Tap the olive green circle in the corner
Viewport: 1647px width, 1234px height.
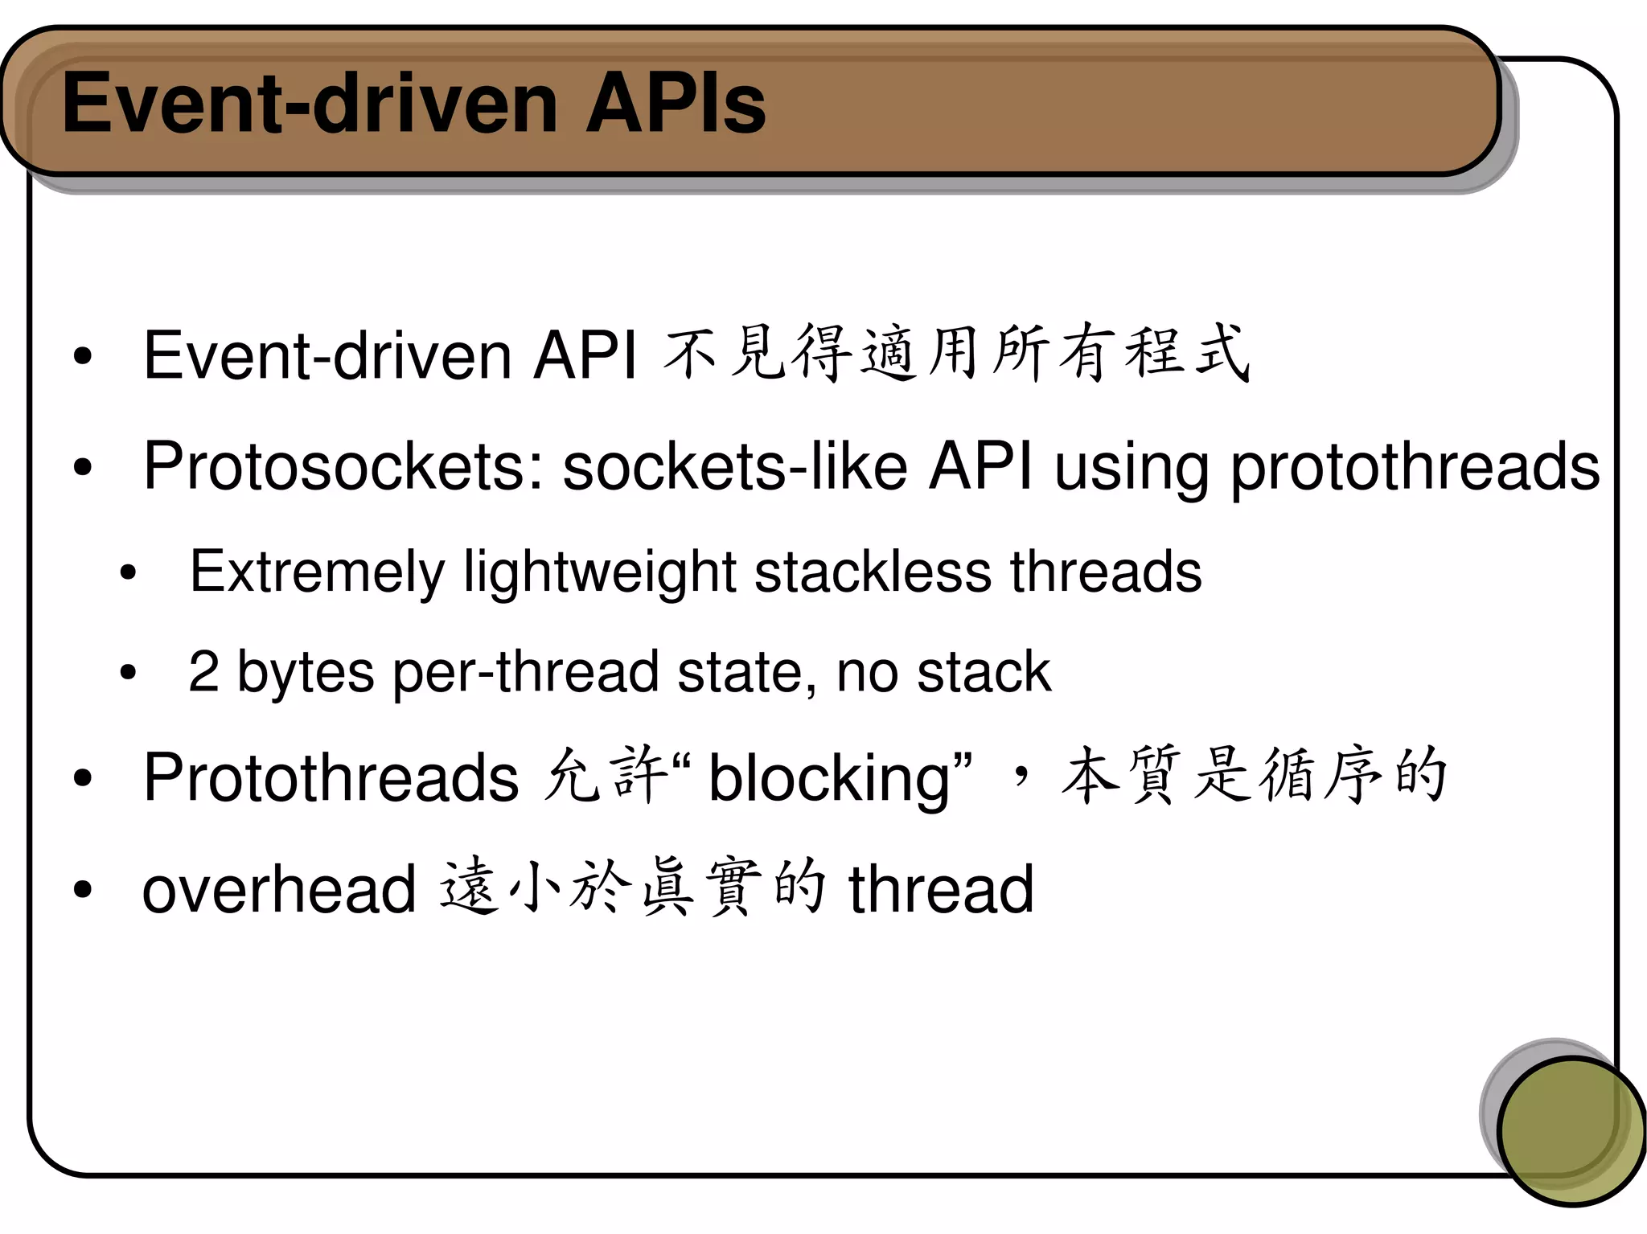(x=1571, y=1130)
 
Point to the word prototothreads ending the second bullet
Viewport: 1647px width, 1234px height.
(x=1415, y=469)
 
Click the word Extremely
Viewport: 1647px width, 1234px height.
(x=317, y=572)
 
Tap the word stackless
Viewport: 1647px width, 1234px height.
(x=873, y=572)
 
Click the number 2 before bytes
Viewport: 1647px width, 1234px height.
(x=203, y=672)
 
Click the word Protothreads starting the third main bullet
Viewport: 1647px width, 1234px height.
(x=331, y=777)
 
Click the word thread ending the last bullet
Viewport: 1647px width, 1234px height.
(x=941, y=889)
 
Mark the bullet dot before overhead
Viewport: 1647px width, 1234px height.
(x=82, y=890)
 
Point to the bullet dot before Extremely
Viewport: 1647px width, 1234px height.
(x=128, y=573)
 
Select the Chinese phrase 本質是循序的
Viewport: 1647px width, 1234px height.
(x=1255, y=776)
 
